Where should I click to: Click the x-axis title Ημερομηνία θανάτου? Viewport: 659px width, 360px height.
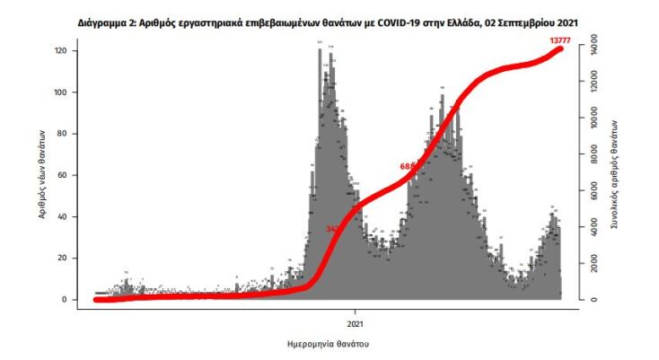[x=329, y=344]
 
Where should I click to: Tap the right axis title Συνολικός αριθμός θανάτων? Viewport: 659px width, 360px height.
[x=614, y=175]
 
